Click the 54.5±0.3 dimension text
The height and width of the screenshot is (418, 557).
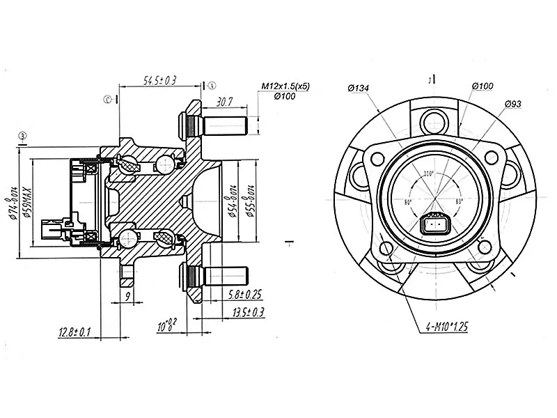(x=159, y=81)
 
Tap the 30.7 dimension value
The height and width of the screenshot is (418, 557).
(x=223, y=102)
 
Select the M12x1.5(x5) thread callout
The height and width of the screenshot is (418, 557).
(x=285, y=86)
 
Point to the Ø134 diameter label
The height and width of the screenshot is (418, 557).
(x=357, y=88)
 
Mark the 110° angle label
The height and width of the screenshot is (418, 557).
(x=427, y=173)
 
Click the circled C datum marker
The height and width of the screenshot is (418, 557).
(x=109, y=100)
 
